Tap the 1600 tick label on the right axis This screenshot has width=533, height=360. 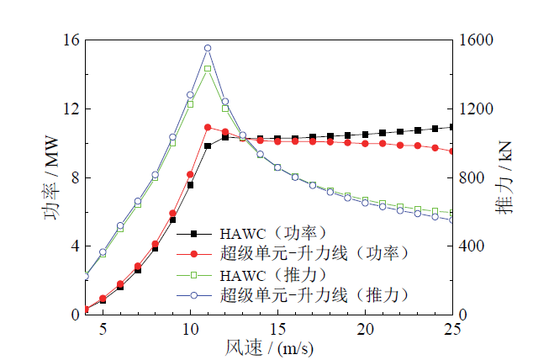(x=477, y=40)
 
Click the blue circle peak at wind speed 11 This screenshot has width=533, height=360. (x=208, y=48)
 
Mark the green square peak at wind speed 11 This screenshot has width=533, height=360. (x=208, y=68)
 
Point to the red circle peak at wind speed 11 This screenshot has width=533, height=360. (x=208, y=127)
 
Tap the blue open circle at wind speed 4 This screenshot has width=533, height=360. (x=85, y=275)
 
